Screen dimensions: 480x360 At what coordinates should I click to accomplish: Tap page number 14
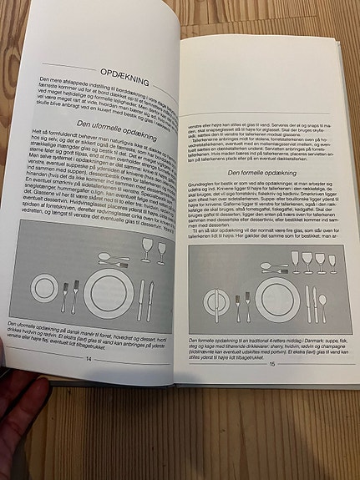click(x=87, y=357)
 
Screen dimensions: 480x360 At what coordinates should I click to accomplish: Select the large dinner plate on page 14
click(x=109, y=293)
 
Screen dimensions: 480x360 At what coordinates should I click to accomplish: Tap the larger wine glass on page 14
click(x=147, y=250)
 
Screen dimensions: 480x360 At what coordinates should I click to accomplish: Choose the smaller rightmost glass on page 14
click(x=161, y=252)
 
